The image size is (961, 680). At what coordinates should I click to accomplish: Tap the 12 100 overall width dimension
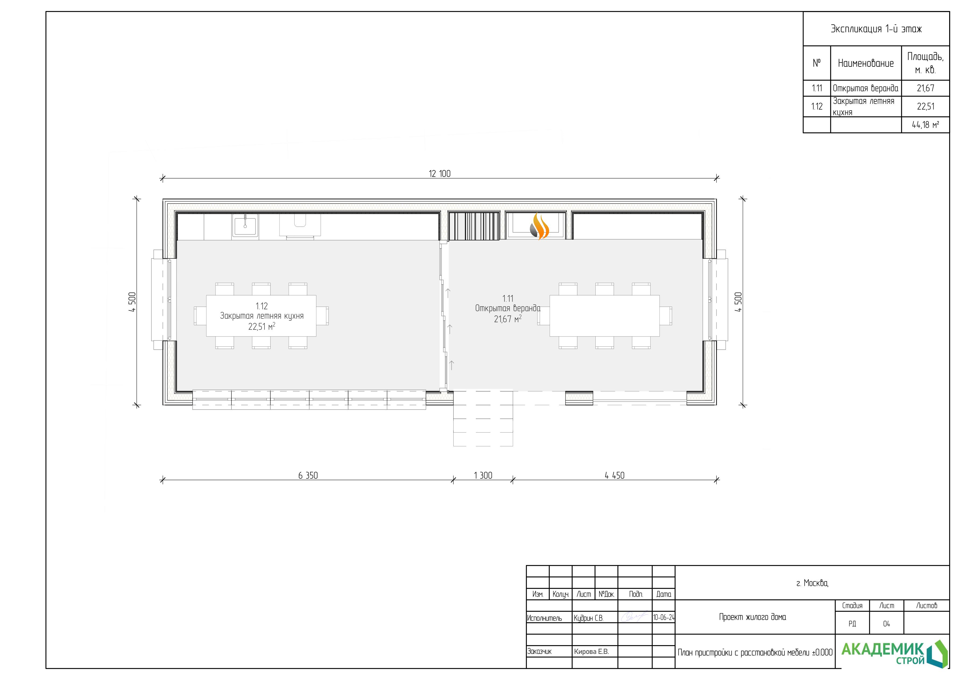[440, 174]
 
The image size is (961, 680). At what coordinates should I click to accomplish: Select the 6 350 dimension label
[308, 476]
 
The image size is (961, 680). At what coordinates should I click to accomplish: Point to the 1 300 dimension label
[483, 476]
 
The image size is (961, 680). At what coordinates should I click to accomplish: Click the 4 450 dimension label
[614, 476]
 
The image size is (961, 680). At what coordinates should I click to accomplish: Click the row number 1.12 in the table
[817, 106]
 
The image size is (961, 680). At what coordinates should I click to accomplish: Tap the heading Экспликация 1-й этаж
[876, 29]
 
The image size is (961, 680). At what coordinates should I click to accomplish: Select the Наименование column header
[865, 63]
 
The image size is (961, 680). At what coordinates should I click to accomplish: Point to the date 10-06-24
[664, 618]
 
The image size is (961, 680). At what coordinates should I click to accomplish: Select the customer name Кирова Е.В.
[591, 651]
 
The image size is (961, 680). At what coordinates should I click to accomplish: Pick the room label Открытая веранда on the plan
[508, 309]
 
